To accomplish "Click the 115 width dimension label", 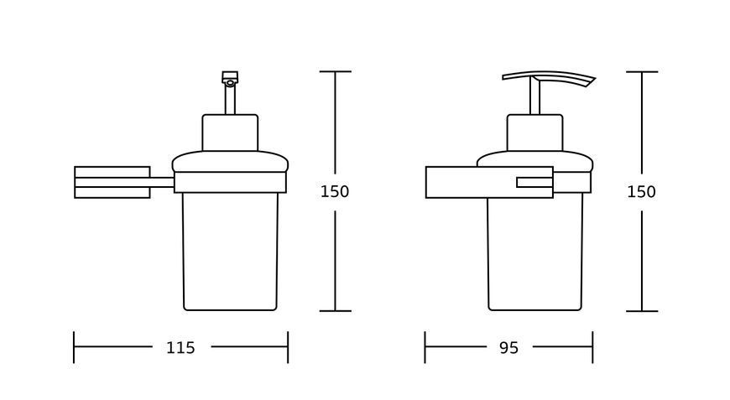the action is pyautogui.click(x=180, y=347).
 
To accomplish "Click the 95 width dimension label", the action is pyautogui.click(x=508, y=347).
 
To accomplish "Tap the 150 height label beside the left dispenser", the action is pyautogui.click(x=334, y=192).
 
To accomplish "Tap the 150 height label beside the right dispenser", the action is pyautogui.click(x=641, y=192).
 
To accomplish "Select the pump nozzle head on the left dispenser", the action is pyautogui.click(x=230, y=78).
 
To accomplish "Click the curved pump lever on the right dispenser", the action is pyautogui.click(x=549, y=78).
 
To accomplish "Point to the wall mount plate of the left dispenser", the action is pyautogui.click(x=112, y=182).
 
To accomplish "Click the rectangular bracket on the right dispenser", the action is pyautogui.click(x=489, y=182).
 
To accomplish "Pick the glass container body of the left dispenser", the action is pyautogui.click(x=230, y=252).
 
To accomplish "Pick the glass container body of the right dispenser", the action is pyautogui.click(x=535, y=253).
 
